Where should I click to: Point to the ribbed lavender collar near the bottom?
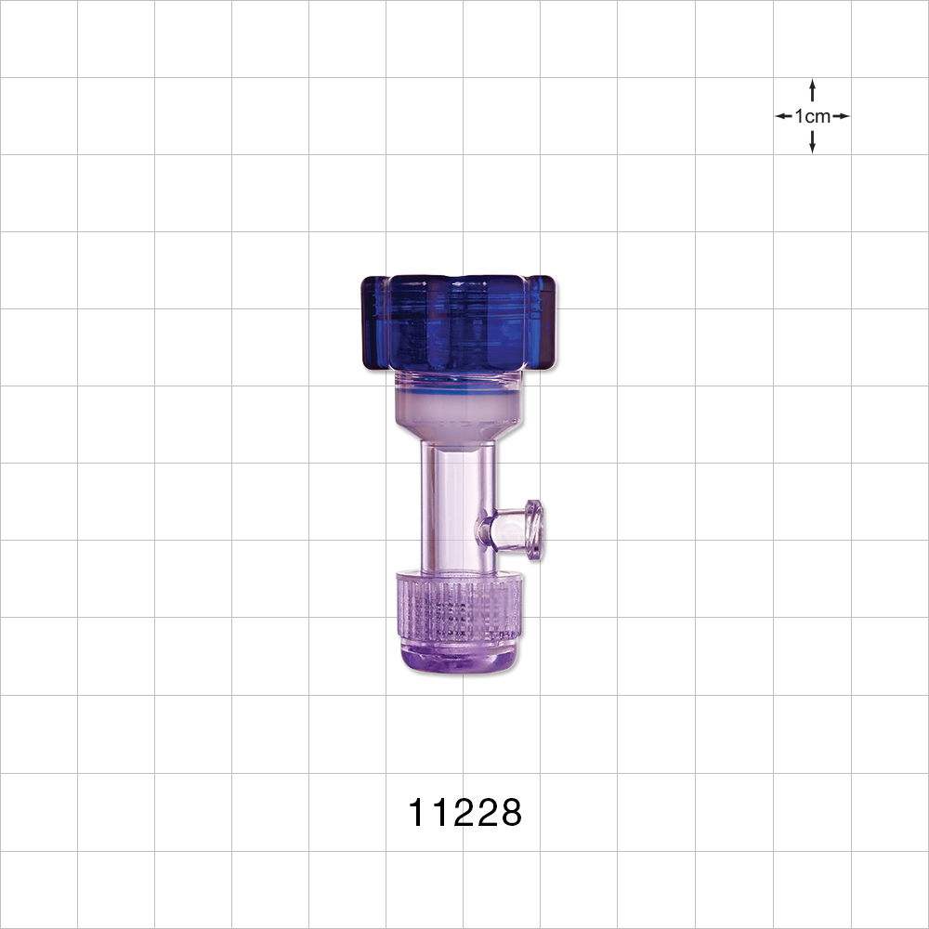(x=459, y=608)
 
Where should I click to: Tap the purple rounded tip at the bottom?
(x=459, y=660)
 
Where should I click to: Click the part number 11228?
(x=465, y=814)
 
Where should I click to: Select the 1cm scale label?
(x=813, y=116)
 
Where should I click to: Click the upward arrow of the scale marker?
(x=813, y=88)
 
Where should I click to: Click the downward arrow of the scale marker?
(x=813, y=144)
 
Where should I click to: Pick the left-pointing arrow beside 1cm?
(x=783, y=116)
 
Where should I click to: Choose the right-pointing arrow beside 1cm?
(x=842, y=116)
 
